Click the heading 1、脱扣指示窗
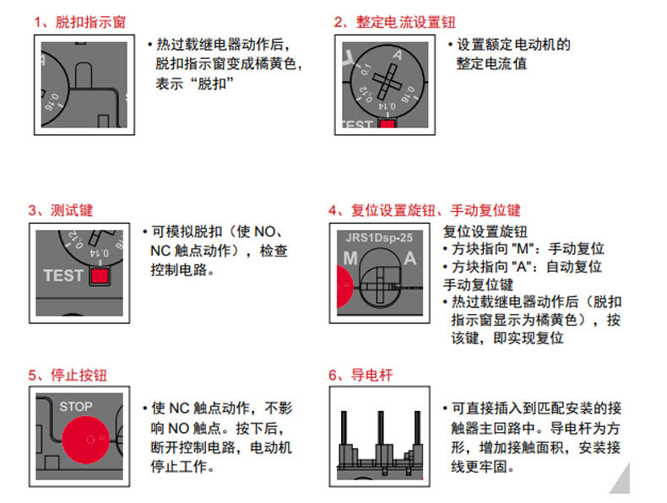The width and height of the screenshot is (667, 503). (x=80, y=22)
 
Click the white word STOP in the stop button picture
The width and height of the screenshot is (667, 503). (x=75, y=407)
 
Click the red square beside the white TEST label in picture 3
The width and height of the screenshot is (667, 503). (x=100, y=276)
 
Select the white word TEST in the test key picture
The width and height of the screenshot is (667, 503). (x=63, y=276)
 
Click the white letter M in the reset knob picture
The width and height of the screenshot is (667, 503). (x=350, y=259)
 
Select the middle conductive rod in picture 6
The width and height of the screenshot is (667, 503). (x=377, y=439)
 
